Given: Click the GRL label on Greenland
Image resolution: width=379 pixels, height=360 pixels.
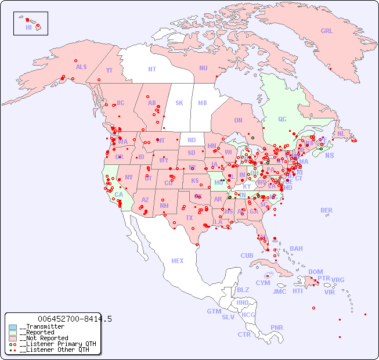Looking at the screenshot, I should tap(327, 31).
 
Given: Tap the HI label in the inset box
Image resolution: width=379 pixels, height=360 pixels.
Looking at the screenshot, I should tap(28, 27).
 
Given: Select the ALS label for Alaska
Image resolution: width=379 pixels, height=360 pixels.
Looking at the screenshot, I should tap(81, 67).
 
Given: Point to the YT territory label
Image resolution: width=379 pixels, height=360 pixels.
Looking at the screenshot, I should tap(109, 70).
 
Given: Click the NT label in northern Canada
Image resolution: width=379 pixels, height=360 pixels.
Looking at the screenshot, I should tap(152, 69).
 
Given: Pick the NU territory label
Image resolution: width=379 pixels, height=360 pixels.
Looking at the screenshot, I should tap(203, 68).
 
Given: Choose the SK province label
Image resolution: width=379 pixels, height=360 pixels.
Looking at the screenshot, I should tap(179, 103).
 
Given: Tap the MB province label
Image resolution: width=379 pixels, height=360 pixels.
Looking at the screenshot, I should tap(203, 103).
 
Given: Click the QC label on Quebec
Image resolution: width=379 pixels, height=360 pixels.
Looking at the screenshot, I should tap(282, 119).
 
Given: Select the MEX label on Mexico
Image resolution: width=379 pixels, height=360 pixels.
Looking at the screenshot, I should tap(178, 261).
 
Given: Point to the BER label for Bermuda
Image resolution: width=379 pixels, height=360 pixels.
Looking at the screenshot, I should tap(327, 210).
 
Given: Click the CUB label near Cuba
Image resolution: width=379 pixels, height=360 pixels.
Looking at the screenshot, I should tap(247, 255).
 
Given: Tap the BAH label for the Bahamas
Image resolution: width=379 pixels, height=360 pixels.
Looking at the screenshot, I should tap(296, 249).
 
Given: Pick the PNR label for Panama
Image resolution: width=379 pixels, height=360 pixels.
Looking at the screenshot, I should tap(277, 327).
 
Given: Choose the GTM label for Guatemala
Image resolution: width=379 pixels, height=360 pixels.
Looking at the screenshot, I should tap(214, 311).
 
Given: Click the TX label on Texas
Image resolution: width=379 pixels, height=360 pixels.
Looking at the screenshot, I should tap(189, 218).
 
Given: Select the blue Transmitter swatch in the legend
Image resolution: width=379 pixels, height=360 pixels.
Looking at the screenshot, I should tap(13, 327).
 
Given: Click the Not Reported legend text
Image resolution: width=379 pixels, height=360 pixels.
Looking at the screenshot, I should tap(44, 338).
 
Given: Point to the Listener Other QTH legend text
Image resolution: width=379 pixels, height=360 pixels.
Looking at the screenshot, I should tap(55, 350).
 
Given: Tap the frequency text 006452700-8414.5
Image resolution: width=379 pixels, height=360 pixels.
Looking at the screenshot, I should tap(75, 319).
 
